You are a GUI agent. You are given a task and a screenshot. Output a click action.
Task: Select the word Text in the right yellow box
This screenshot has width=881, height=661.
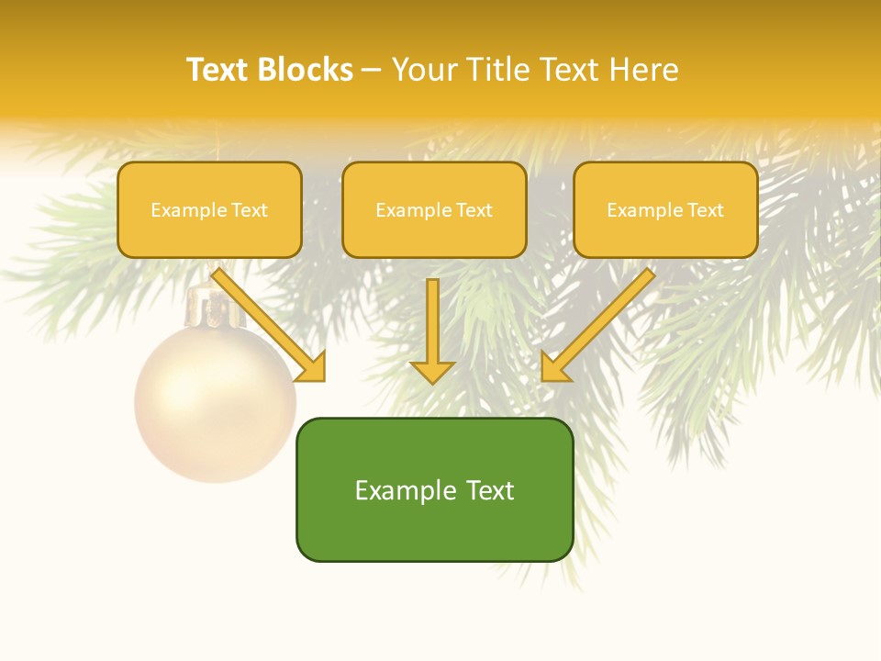point(706,210)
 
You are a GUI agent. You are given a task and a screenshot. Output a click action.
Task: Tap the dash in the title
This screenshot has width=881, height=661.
point(372,70)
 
